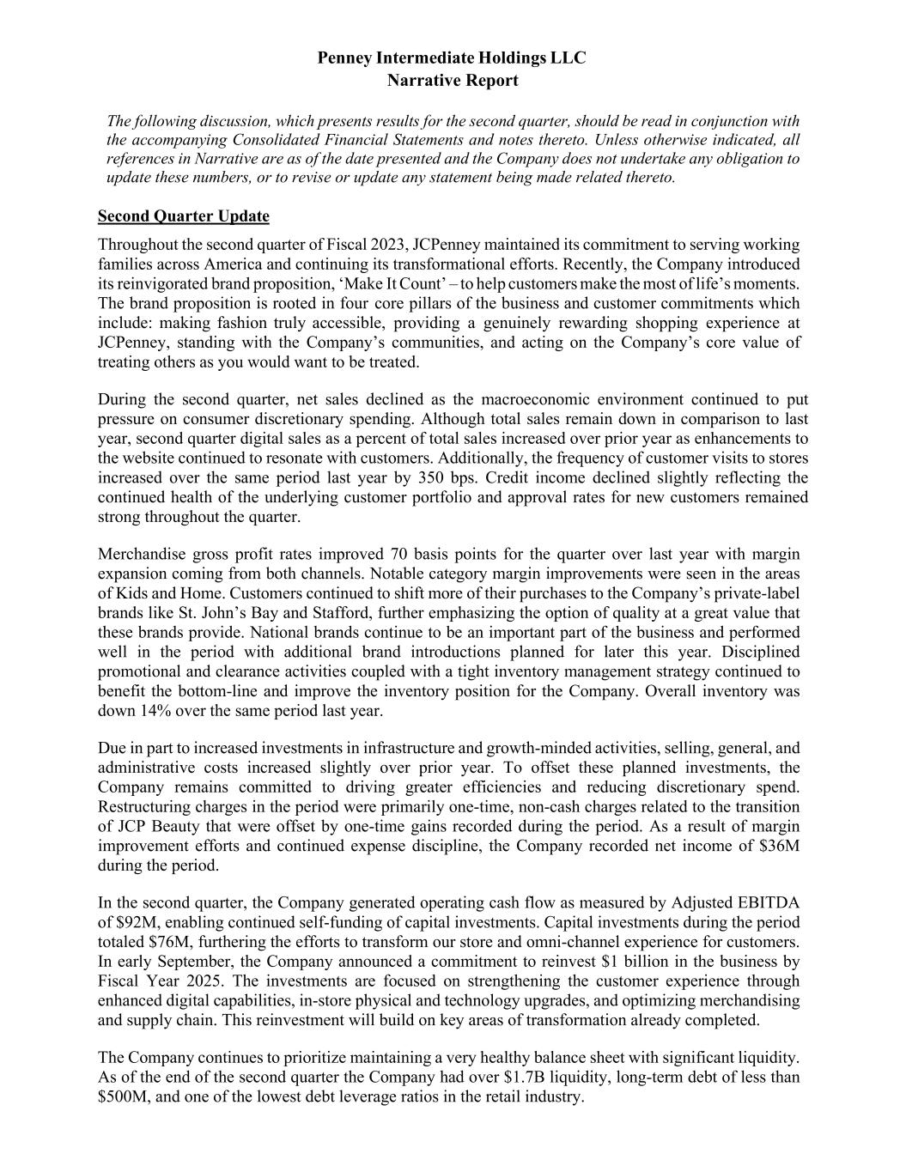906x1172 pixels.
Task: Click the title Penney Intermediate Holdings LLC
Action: click(452, 58)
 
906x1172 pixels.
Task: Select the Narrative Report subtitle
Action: click(452, 81)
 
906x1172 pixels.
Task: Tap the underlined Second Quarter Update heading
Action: click(184, 216)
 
